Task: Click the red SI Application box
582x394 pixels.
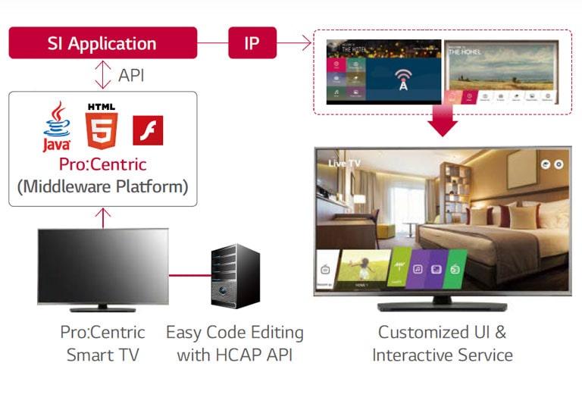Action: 102,43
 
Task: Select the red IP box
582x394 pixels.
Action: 252,43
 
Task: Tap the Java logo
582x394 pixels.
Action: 57,129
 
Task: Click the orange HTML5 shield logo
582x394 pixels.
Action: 101,127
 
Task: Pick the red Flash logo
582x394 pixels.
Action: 148,130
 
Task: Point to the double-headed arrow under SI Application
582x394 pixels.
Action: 103,75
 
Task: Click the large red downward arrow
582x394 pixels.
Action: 443,122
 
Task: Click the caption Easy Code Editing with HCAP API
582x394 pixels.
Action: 234,343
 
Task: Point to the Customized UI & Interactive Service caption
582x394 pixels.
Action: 443,343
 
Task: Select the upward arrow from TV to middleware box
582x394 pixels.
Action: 103,217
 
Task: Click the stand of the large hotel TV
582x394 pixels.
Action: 443,307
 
